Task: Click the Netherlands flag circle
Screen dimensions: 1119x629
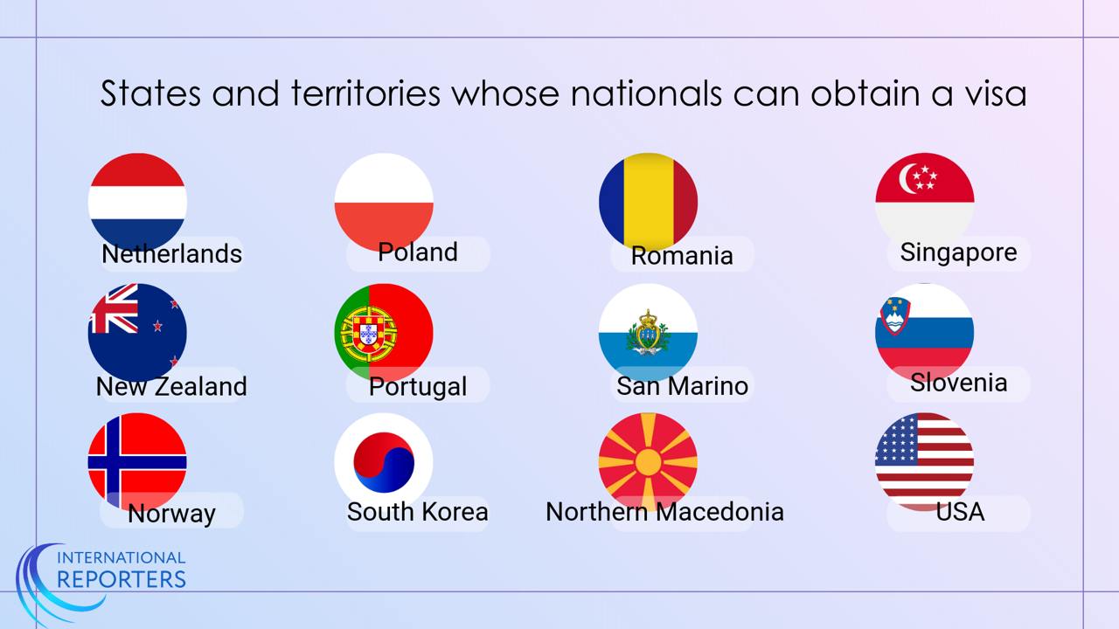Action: click(x=137, y=202)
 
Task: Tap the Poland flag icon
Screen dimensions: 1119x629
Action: click(x=384, y=202)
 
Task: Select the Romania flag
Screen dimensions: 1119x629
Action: click(x=648, y=202)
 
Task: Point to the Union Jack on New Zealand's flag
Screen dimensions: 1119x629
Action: click(x=114, y=308)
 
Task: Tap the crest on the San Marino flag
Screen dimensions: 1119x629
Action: click(x=648, y=332)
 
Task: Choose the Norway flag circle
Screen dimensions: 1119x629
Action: click(x=137, y=462)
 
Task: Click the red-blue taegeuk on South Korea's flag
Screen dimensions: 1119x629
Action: click(x=384, y=462)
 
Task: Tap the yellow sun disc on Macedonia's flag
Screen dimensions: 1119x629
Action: click(x=648, y=462)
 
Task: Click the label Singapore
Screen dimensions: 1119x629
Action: click(x=958, y=252)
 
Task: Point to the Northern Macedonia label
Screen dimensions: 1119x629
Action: click(x=664, y=512)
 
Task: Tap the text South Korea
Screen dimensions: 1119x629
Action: click(x=417, y=512)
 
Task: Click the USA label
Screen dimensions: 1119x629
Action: click(x=960, y=512)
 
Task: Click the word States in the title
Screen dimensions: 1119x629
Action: click(x=150, y=93)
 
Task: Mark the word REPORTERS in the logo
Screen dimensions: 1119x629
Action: click(x=122, y=579)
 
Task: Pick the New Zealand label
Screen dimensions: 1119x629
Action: click(x=171, y=386)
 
